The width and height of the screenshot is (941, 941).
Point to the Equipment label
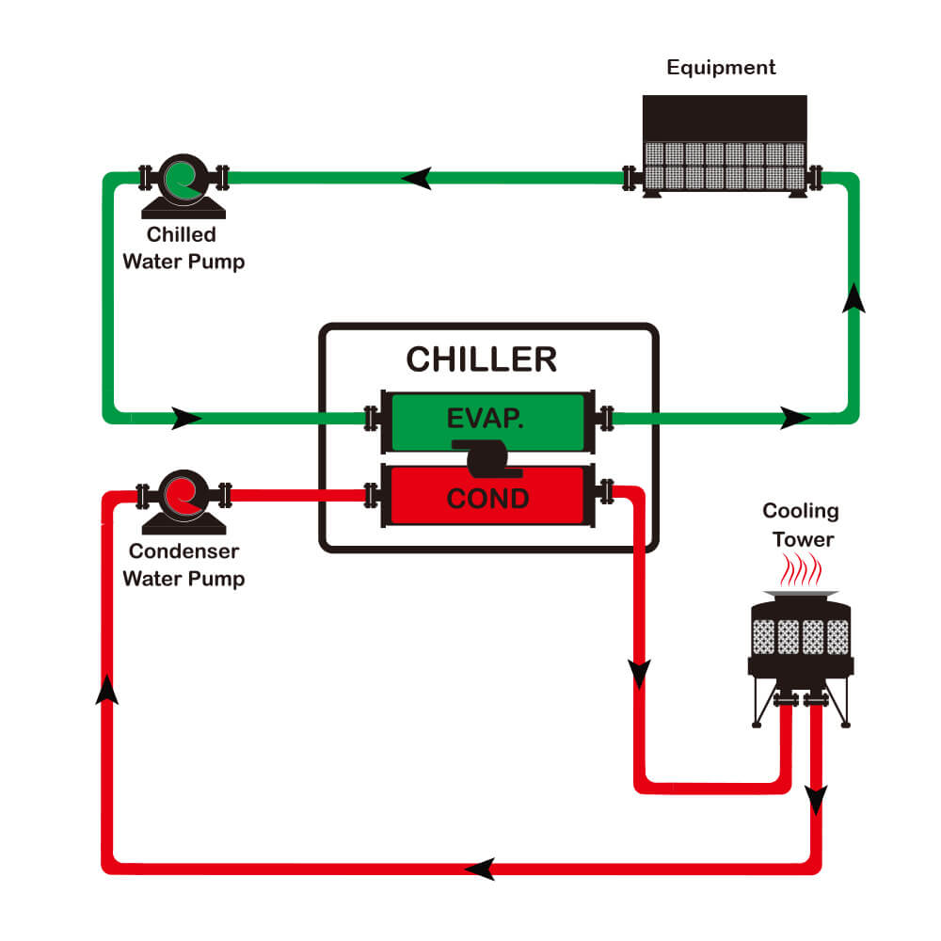click(721, 68)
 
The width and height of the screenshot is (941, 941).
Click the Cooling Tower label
click(799, 525)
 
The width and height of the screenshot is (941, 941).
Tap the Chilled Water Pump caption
click(183, 248)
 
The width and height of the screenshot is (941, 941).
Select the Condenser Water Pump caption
click(183, 565)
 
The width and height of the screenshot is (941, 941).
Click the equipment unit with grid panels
click(724, 146)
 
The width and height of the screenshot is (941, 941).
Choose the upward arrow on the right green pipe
click(853, 296)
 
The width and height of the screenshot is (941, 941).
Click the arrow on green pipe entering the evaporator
click(186, 417)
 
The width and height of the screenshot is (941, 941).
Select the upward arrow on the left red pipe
click(109, 690)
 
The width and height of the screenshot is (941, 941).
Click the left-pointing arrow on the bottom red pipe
click(481, 868)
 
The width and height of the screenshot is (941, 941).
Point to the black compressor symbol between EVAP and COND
click(482, 455)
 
